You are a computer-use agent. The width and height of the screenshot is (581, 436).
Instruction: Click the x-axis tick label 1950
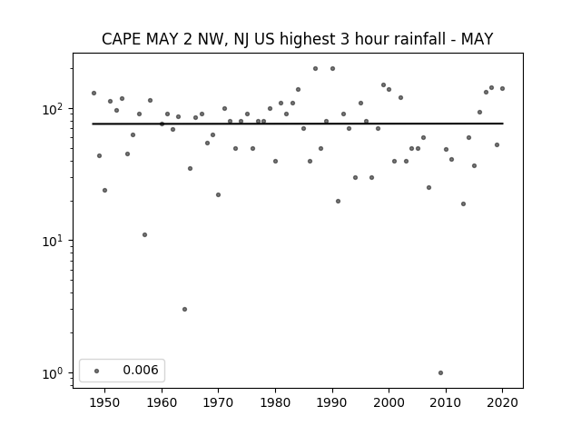(105, 402)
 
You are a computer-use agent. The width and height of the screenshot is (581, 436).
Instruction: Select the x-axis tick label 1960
(162, 402)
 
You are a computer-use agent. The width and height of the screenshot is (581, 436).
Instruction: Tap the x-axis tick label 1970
(218, 402)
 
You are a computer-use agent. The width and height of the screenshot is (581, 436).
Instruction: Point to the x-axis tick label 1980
(275, 402)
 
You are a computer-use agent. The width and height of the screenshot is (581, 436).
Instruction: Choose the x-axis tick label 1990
(332, 402)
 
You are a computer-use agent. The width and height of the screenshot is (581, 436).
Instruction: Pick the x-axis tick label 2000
(389, 402)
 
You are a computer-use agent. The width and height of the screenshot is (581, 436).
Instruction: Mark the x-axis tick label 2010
(446, 402)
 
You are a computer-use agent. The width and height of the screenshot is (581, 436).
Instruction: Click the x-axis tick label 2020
(502, 402)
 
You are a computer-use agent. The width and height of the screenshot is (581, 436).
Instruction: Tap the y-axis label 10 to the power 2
(54, 109)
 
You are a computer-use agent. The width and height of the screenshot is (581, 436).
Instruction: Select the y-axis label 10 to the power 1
(54, 241)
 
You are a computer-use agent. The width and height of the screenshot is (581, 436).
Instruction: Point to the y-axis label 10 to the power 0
(54, 373)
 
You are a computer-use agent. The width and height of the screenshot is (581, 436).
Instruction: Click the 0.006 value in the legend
(141, 370)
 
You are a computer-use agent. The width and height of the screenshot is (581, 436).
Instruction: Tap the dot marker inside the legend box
(97, 371)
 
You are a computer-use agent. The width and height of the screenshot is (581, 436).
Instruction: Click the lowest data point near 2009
(440, 373)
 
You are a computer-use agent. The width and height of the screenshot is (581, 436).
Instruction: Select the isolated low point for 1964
(184, 309)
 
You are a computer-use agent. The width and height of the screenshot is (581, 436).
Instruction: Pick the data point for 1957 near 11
(144, 234)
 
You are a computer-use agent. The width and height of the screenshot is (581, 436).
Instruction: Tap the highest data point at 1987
(315, 69)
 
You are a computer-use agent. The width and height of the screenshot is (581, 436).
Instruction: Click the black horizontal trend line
(298, 124)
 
